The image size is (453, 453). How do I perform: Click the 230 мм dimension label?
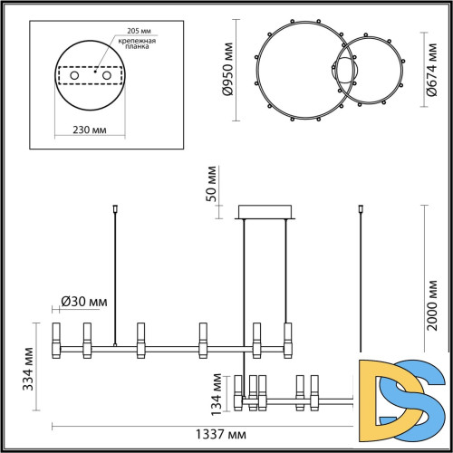tap(88, 130)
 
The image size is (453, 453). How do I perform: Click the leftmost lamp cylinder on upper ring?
tap(57, 338)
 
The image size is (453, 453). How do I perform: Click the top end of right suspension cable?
tap(361, 207)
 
